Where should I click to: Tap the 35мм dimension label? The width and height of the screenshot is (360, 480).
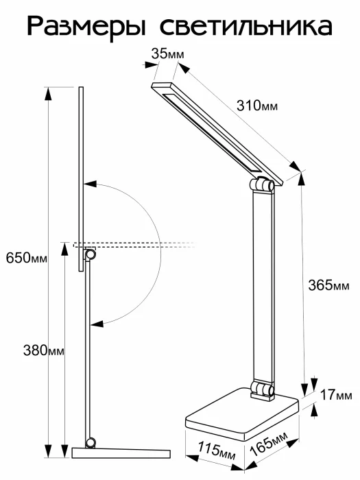167,53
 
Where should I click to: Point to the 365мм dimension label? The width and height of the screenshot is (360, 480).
328,285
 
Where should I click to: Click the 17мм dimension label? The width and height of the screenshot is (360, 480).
336,395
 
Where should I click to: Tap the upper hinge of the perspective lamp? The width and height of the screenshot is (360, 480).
264,185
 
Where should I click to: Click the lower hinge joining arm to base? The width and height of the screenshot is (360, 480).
262,389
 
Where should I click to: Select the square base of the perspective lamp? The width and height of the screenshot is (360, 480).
240,415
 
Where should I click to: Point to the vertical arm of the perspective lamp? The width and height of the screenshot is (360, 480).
265,288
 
